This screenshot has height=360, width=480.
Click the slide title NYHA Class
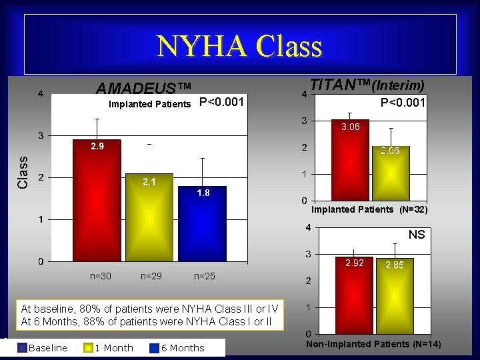tap(239, 46)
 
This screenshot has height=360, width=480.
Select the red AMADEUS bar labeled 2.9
tap(97, 200)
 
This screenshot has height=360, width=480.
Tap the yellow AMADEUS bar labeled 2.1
tap(149, 217)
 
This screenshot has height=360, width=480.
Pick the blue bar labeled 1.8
tap(203, 223)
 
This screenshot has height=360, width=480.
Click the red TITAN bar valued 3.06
tap(350, 160)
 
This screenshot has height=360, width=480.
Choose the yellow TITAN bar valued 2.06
tap(390, 173)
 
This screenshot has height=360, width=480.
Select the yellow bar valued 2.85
tap(394, 295)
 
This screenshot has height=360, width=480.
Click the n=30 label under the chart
tap(101, 275)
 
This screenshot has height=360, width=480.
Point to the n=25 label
tap(204, 275)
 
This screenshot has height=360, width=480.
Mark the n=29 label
tap(151, 275)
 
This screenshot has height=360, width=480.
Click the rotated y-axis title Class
tap(23, 172)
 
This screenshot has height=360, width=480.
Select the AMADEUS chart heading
tap(143, 89)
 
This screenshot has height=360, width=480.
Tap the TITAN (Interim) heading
tap(367, 85)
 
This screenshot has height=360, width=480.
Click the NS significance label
tap(417, 235)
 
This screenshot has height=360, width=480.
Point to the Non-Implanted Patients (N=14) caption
tap(373, 344)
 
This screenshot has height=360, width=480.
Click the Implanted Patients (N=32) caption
tap(369, 209)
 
